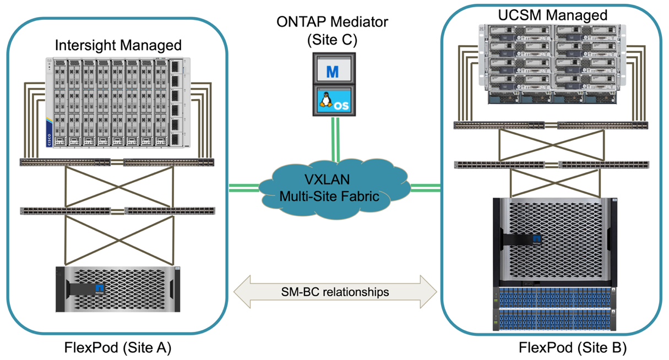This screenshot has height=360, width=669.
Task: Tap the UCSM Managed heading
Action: pyautogui.click(x=552, y=14)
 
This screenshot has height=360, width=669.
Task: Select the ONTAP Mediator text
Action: pyautogui.click(x=333, y=23)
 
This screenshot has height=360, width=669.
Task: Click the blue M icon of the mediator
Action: pyautogui.click(x=332, y=70)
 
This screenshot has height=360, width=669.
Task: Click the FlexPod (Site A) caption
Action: pyautogui.click(x=117, y=347)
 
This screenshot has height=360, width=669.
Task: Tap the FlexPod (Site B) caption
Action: pyautogui.click(x=573, y=348)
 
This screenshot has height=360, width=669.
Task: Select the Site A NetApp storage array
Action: pyautogui.click(x=118, y=289)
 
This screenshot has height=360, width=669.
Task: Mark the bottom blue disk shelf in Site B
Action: pyautogui.click(x=552, y=319)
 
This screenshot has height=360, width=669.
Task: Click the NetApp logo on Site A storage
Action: pyautogui.click(x=100, y=288)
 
